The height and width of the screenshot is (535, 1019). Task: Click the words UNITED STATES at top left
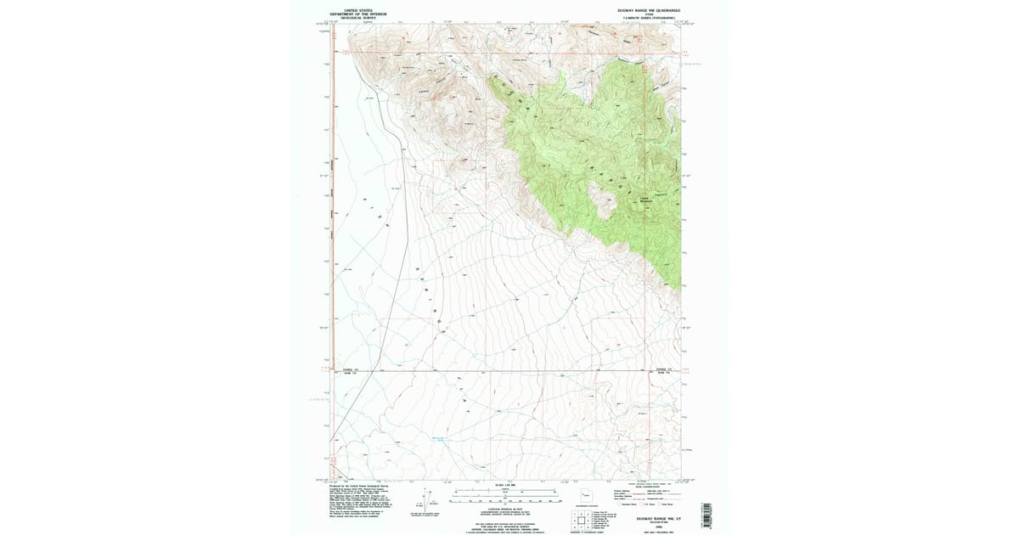coord(352,10)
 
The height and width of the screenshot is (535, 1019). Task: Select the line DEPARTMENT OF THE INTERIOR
coord(352,14)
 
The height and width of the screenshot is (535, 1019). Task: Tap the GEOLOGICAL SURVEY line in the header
coord(352,18)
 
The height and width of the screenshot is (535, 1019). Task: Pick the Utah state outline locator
coord(586,494)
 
